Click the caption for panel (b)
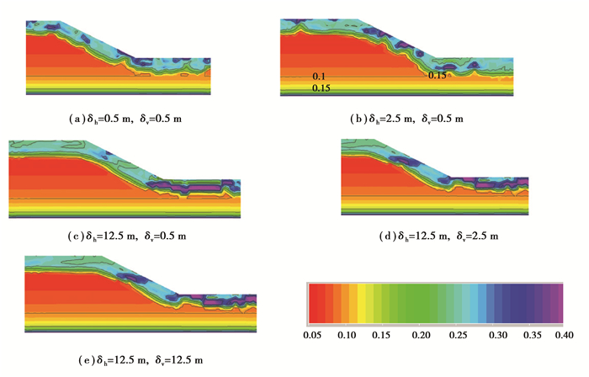click(x=408, y=119)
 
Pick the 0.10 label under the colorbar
click(x=345, y=334)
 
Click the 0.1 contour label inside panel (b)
click(x=318, y=77)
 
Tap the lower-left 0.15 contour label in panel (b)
click(x=320, y=88)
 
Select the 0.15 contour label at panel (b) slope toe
click(x=437, y=76)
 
